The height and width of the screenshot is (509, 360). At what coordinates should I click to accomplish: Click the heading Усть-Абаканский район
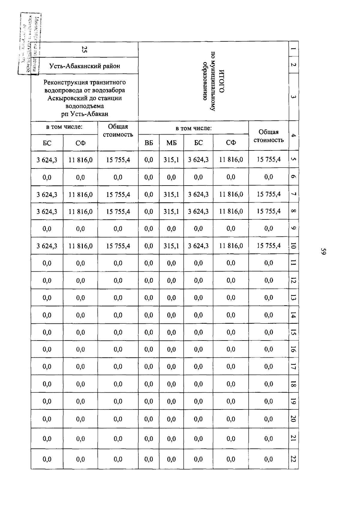click(x=85, y=66)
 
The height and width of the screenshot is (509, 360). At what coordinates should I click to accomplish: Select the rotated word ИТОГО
click(x=222, y=81)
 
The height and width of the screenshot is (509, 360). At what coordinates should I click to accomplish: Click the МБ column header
click(x=171, y=143)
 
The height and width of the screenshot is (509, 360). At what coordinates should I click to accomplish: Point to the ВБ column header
click(x=148, y=143)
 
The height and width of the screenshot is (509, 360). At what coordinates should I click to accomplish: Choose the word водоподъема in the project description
click(x=85, y=106)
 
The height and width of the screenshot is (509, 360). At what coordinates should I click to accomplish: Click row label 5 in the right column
click(x=293, y=159)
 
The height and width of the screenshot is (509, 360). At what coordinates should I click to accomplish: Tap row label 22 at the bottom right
click(x=293, y=459)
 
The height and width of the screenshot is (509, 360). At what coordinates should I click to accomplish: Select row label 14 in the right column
click(x=293, y=315)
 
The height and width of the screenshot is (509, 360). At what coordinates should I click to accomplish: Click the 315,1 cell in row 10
click(x=171, y=246)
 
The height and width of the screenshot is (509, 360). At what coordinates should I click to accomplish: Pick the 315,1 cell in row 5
click(x=171, y=160)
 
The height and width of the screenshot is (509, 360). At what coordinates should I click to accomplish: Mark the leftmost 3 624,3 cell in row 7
click(x=47, y=195)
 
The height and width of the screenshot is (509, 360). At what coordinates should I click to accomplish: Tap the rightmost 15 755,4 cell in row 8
click(x=268, y=211)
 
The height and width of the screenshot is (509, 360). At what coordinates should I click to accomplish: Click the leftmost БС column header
click(x=47, y=143)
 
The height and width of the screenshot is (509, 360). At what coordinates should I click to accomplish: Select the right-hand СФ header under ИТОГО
click(x=231, y=143)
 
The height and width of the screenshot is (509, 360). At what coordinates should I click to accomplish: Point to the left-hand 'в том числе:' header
click(x=64, y=127)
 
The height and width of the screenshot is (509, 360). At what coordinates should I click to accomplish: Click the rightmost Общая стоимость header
click(x=268, y=136)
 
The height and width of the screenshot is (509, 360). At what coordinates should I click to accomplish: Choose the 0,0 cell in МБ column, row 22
click(x=171, y=459)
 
